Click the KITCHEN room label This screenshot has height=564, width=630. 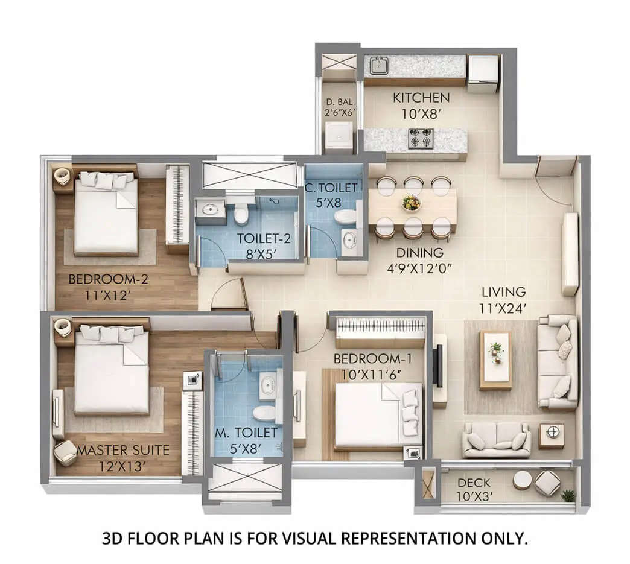[421, 98]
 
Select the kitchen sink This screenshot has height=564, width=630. [378, 64]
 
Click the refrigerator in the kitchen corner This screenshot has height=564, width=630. [483, 73]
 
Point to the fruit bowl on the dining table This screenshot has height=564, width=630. [412, 203]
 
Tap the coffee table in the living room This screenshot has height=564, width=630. [495, 360]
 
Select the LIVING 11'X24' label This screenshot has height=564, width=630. [503, 300]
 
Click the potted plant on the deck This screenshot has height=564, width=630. [568, 495]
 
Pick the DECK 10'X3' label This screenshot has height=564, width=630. [474, 490]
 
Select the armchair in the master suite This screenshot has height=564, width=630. [65, 452]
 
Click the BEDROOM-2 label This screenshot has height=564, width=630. [101, 279]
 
